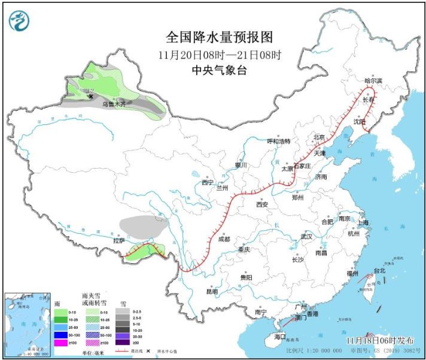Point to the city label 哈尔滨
[373, 80]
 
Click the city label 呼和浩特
[278, 141]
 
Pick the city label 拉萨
[119, 240]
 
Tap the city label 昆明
[212, 292]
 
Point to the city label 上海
[363, 222]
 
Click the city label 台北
[379, 270]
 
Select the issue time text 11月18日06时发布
[379, 340]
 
